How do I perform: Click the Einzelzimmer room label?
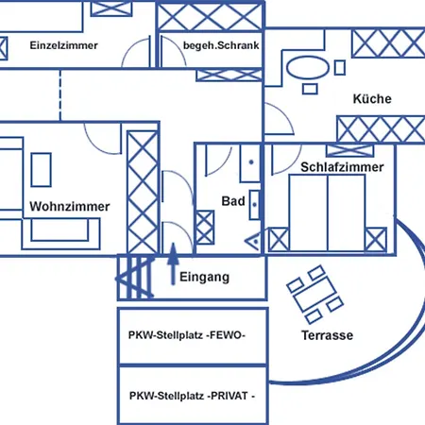click(63, 45)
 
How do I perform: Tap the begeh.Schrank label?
click(221, 45)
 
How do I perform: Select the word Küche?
click(372, 98)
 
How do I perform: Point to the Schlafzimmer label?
click(342, 167)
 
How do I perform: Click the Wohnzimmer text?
click(70, 207)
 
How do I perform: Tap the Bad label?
click(233, 201)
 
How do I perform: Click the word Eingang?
click(204, 278)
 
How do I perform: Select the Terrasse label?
click(328, 335)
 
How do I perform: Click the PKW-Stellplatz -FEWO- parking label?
click(187, 335)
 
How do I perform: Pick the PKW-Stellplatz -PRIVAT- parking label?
click(192, 396)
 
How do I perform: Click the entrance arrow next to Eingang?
click(173, 263)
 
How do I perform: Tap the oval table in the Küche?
click(308, 68)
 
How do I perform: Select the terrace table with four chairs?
click(314, 295)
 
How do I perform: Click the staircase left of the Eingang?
click(135, 277)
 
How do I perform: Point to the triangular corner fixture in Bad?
click(253, 242)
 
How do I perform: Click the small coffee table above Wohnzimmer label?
click(42, 170)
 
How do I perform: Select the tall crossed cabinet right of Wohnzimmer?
click(143, 193)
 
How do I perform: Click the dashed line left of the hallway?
click(60, 95)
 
